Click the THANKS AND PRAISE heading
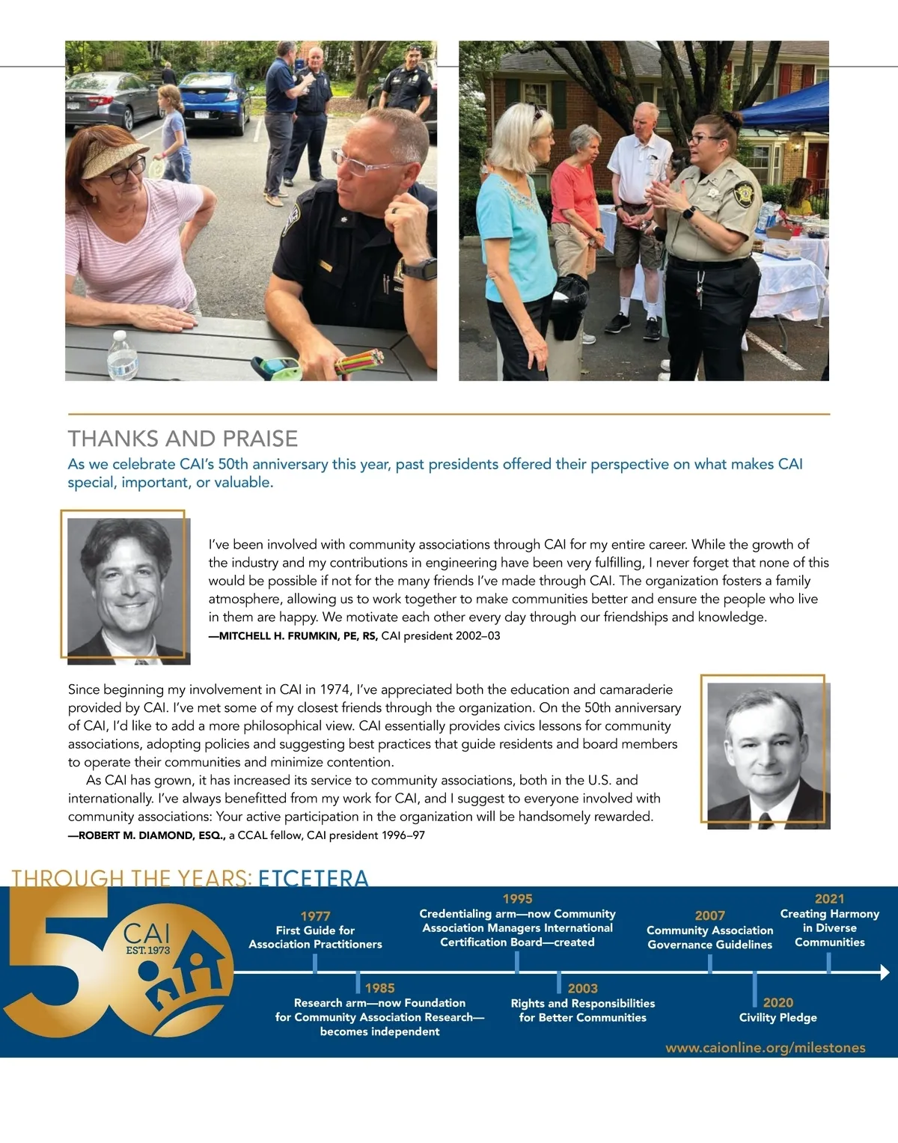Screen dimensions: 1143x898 click(x=183, y=439)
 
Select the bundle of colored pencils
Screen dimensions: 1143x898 click(x=358, y=362)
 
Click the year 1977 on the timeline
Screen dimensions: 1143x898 click(x=315, y=916)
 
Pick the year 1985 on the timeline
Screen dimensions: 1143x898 click(x=380, y=988)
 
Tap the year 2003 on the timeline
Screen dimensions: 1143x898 click(x=582, y=989)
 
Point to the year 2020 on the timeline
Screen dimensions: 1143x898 click(x=778, y=1003)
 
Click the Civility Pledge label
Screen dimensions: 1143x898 click(x=778, y=1018)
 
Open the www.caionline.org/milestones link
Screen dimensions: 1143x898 click(x=765, y=1048)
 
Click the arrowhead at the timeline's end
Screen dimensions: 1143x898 click(x=885, y=973)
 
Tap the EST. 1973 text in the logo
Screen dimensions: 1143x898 click(x=147, y=951)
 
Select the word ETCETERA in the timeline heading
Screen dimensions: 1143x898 click(x=314, y=878)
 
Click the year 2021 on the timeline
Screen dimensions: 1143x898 click(x=829, y=899)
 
